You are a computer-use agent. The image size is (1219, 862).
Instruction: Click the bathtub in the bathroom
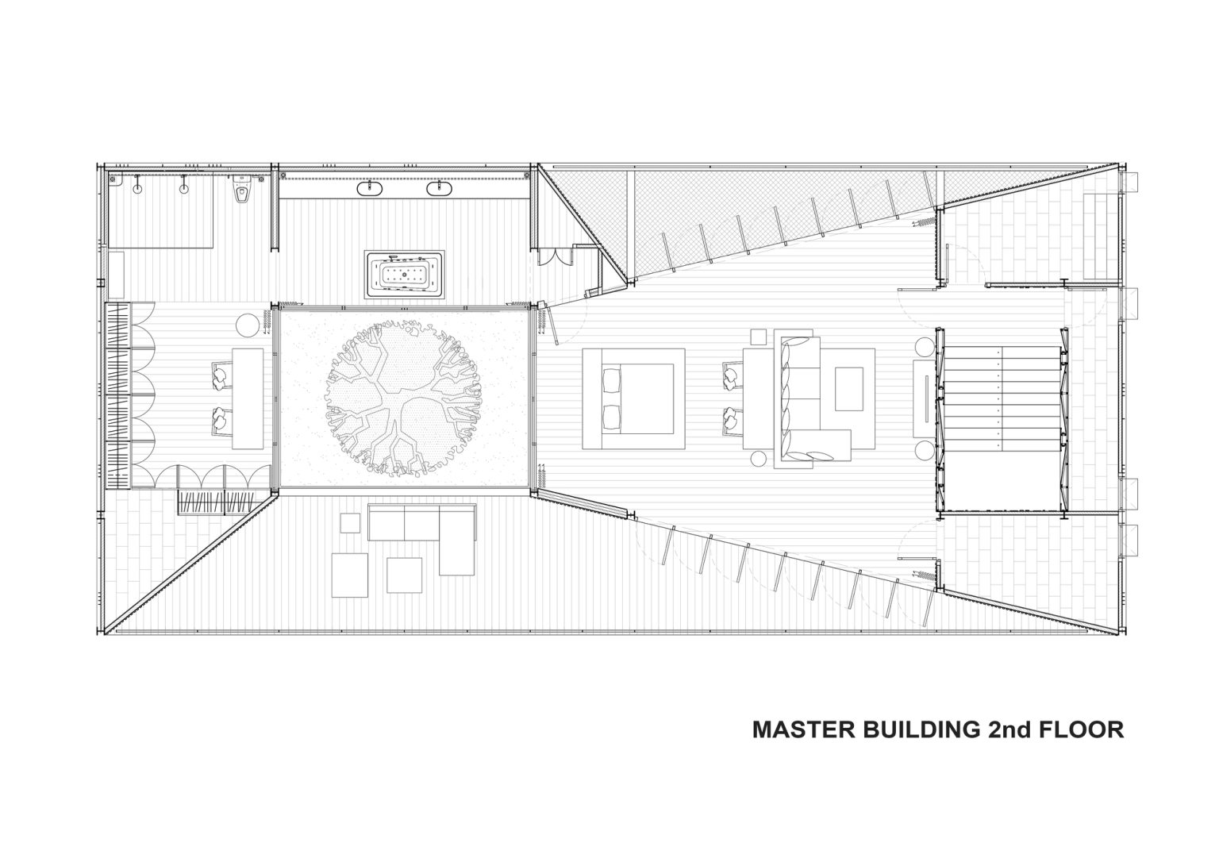pyautogui.click(x=405, y=275)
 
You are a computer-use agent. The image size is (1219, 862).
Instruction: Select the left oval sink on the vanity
pyautogui.click(x=370, y=189)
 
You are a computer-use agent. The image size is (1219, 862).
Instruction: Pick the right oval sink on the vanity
pyautogui.click(x=439, y=189)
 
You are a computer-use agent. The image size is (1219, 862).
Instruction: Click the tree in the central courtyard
pyautogui.click(x=403, y=399)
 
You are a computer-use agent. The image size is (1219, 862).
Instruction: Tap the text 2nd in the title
pyautogui.click(x=1009, y=729)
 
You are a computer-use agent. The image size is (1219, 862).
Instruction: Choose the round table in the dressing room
pyautogui.click(x=248, y=325)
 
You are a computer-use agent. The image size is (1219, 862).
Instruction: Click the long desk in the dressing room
pyautogui.click(x=248, y=399)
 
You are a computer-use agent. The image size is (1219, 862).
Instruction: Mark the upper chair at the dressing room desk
pyautogui.click(x=221, y=375)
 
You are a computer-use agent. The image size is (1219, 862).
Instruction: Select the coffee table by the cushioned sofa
pyautogui.click(x=849, y=389)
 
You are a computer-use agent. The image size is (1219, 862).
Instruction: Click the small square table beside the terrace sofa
pyautogui.click(x=350, y=523)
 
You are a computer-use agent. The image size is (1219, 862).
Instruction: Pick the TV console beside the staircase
pyautogui.click(x=924, y=398)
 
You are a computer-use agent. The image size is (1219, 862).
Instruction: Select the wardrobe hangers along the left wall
pyautogui.click(x=118, y=396)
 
